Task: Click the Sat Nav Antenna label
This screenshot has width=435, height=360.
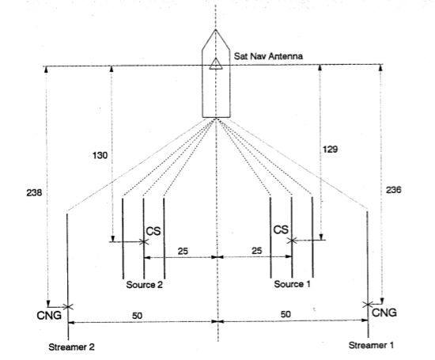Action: (268, 56)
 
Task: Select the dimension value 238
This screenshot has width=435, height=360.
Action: (34, 192)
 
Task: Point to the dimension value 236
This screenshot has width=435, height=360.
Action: (393, 190)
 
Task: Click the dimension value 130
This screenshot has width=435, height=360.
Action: (100, 155)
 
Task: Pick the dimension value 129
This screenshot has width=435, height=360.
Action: (330, 150)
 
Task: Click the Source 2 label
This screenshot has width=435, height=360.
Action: (144, 285)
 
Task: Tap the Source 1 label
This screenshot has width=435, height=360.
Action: (292, 284)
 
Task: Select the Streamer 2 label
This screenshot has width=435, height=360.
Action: (71, 347)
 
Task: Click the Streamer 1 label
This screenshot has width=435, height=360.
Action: (371, 345)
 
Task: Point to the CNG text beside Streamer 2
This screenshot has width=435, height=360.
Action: (49, 316)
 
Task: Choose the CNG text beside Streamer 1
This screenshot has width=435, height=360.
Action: (384, 313)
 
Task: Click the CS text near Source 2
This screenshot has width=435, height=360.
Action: (153, 231)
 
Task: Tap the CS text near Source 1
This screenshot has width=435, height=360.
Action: (281, 229)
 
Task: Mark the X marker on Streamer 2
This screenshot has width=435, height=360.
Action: (68, 307)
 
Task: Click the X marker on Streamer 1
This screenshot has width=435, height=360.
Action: (368, 305)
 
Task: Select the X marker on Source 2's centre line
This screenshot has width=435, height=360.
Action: (143, 242)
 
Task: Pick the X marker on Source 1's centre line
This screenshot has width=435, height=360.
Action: (292, 241)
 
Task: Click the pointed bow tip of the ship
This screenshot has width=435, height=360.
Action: (216, 29)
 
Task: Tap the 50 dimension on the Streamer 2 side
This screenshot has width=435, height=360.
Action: (138, 316)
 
